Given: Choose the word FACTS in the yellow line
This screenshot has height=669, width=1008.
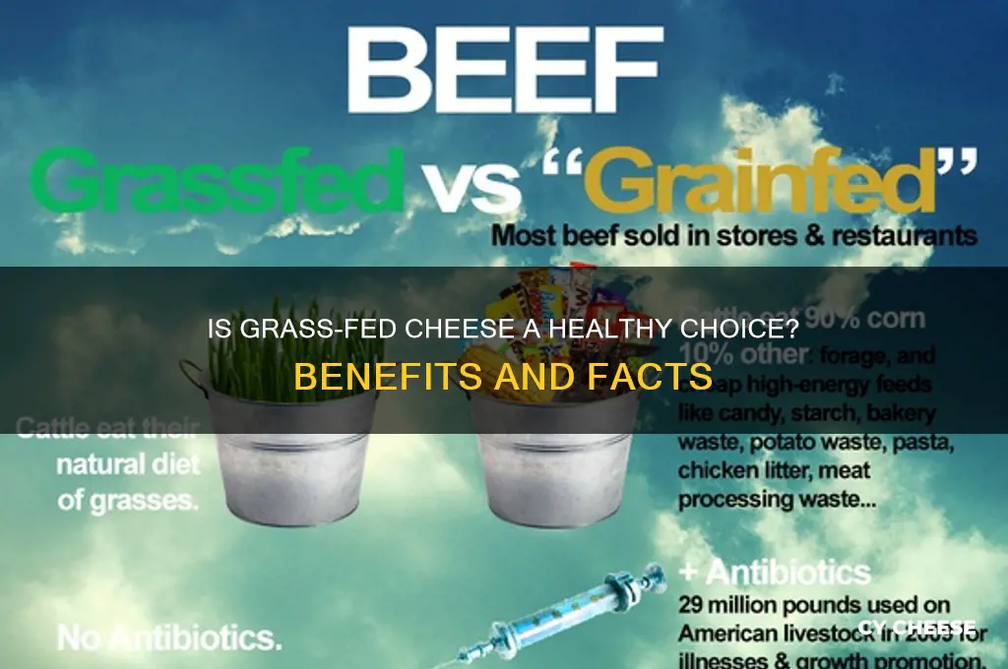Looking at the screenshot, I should pos(651,376).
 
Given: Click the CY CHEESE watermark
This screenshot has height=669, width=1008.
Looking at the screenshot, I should pos(914,628).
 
